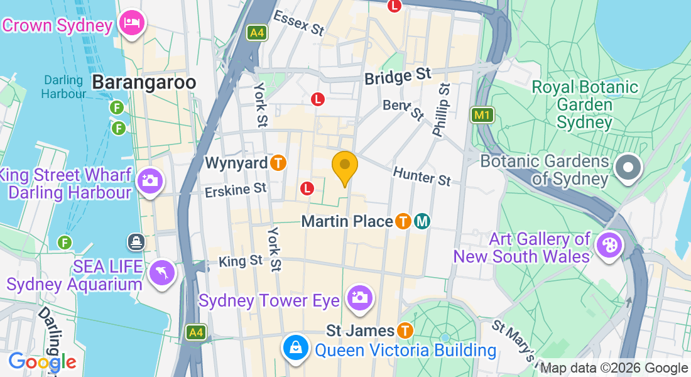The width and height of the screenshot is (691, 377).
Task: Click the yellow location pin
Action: [x=344, y=167]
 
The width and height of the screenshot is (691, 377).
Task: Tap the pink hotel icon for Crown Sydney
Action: [x=133, y=24]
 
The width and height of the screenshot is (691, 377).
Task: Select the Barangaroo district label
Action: [x=144, y=82]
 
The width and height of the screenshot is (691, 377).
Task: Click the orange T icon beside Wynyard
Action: [x=279, y=163]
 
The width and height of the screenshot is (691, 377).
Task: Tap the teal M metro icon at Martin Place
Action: [x=423, y=221]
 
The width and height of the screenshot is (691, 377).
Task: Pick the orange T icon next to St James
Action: [x=405, y=331]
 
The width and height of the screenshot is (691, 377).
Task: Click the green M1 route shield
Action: [x=482, y=115]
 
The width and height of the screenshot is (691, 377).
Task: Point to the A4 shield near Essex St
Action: [x=256, y=33]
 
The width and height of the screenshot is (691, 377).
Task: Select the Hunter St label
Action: [x=422, y=176]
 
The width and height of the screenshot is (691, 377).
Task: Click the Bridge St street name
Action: [x=398, y=77]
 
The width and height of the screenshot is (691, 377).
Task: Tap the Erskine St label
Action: [x=236, y=189]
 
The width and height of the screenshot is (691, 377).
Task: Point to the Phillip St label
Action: [x=441, y=110]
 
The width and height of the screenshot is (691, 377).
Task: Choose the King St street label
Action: [x=241, y=260]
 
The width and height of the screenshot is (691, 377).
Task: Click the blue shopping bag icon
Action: [x=295, y=347]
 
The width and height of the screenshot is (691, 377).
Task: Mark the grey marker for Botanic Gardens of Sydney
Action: [x=628, y=168]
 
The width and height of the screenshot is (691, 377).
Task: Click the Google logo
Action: [x=42, y=362]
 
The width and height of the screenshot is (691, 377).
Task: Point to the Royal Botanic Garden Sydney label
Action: [x=585, y=104]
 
